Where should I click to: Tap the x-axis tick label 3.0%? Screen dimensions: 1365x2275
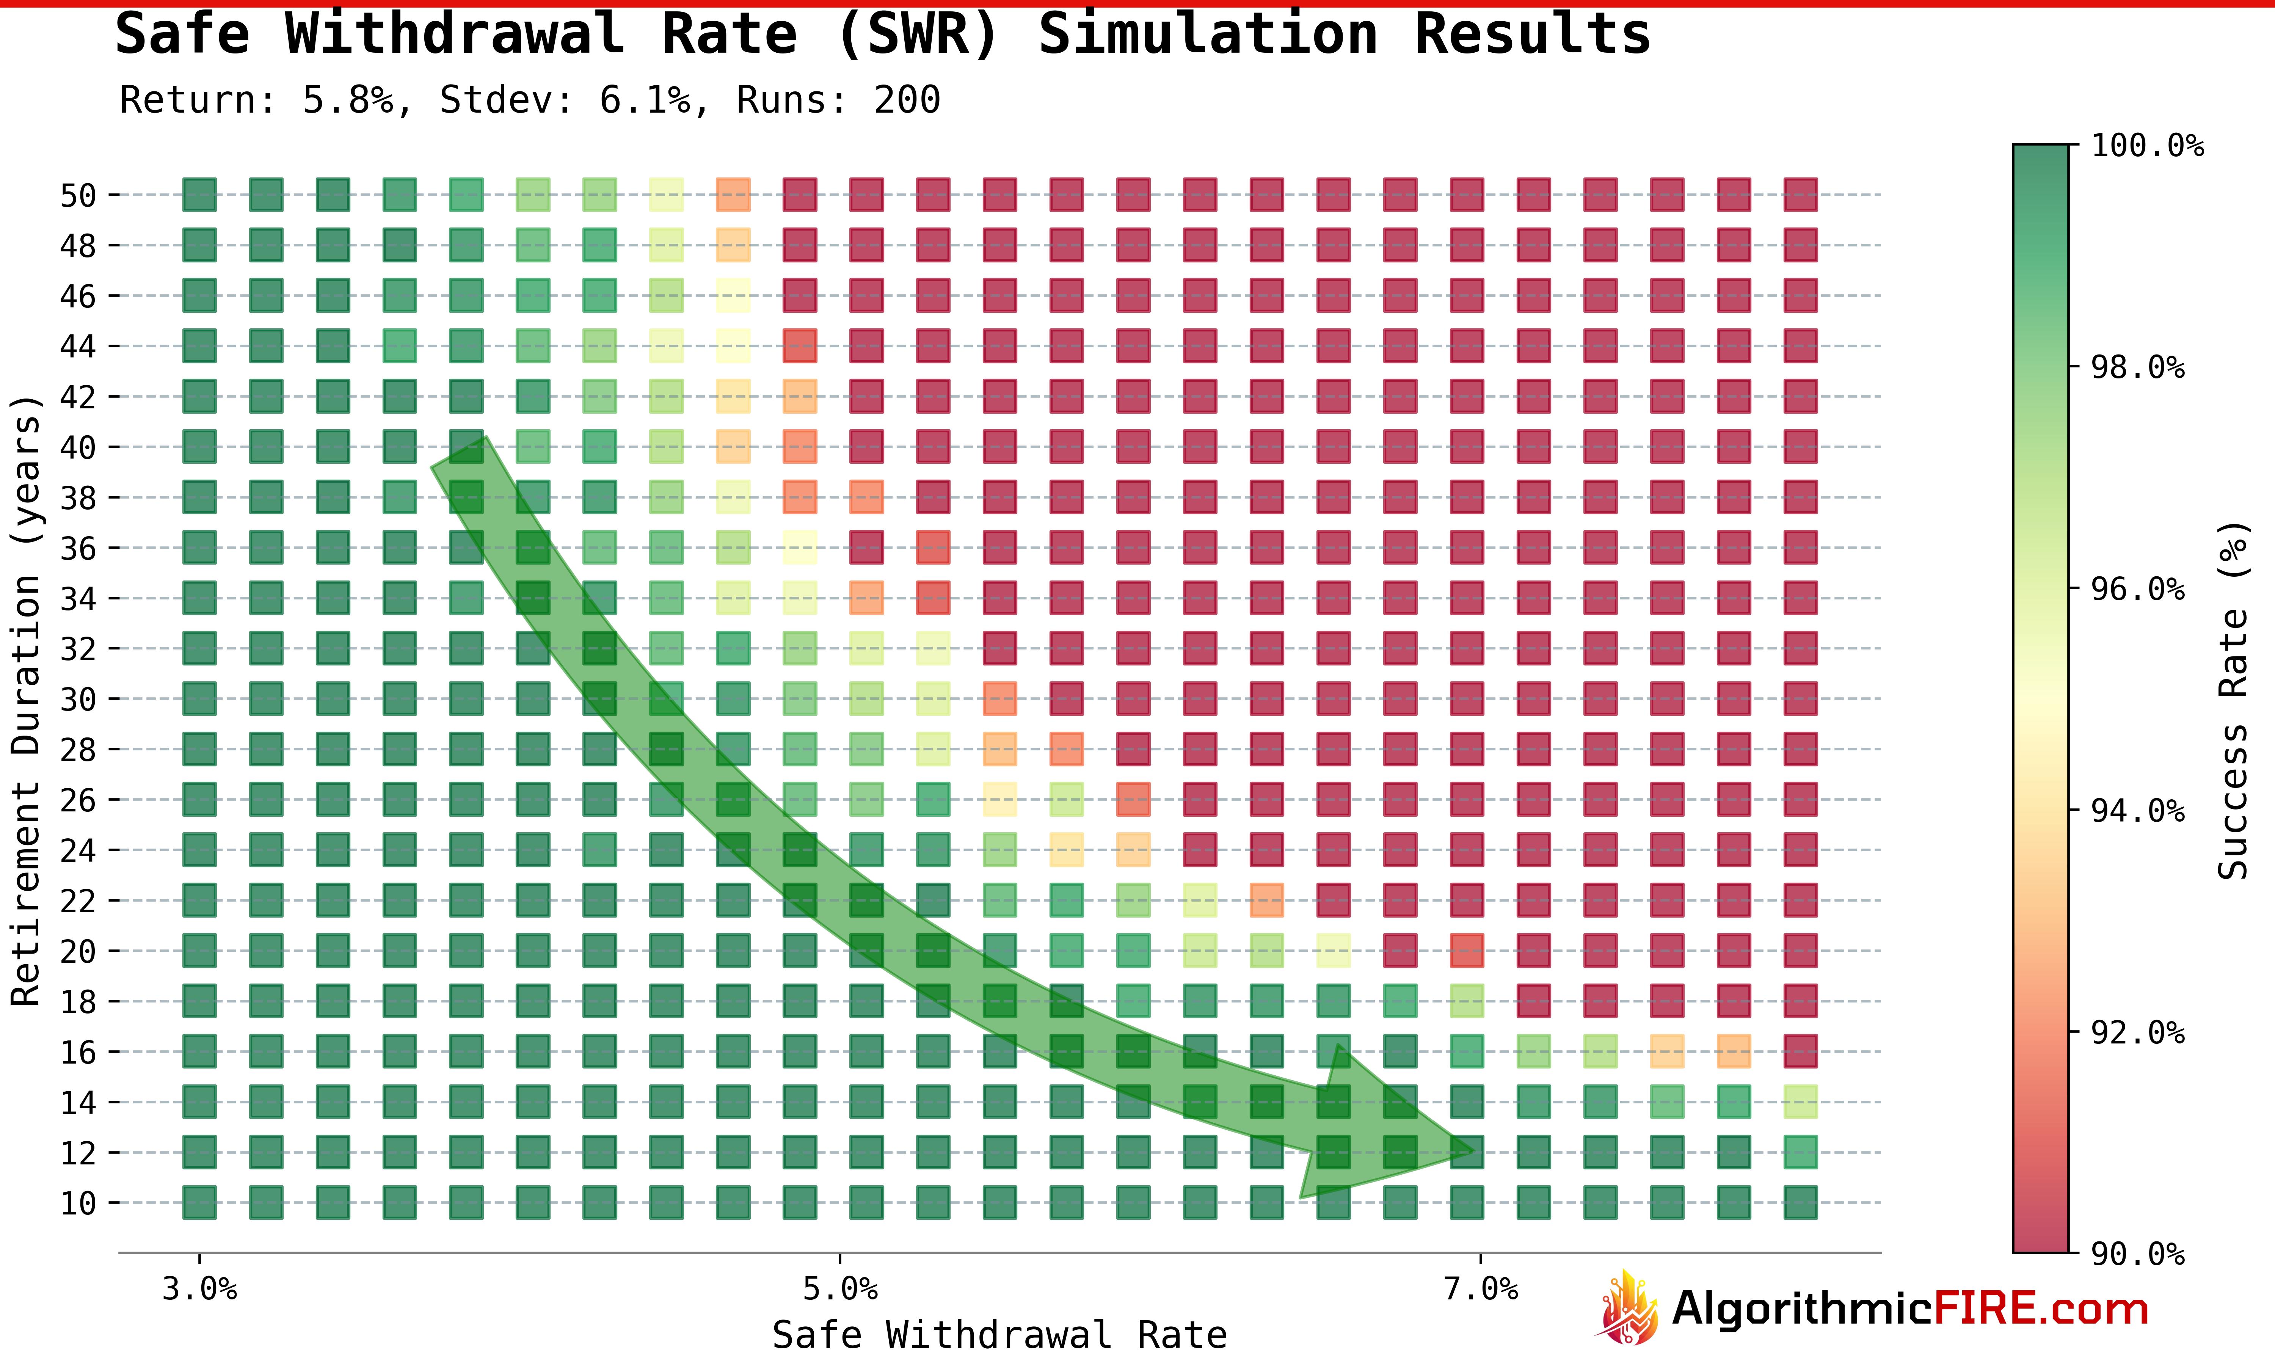coord(199,1290)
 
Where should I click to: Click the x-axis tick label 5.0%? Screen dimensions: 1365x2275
coord(839,1290)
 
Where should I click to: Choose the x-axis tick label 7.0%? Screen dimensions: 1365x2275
coord(1480,1290)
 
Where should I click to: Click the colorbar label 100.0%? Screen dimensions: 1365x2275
coord(2147,145)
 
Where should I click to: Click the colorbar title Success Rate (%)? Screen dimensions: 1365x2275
coord(2233,699)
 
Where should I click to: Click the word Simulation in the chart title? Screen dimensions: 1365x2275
coord(1207,35)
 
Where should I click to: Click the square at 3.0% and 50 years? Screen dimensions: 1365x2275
coord(199,195)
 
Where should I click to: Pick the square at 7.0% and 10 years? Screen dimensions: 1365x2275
coord(1467,1202)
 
